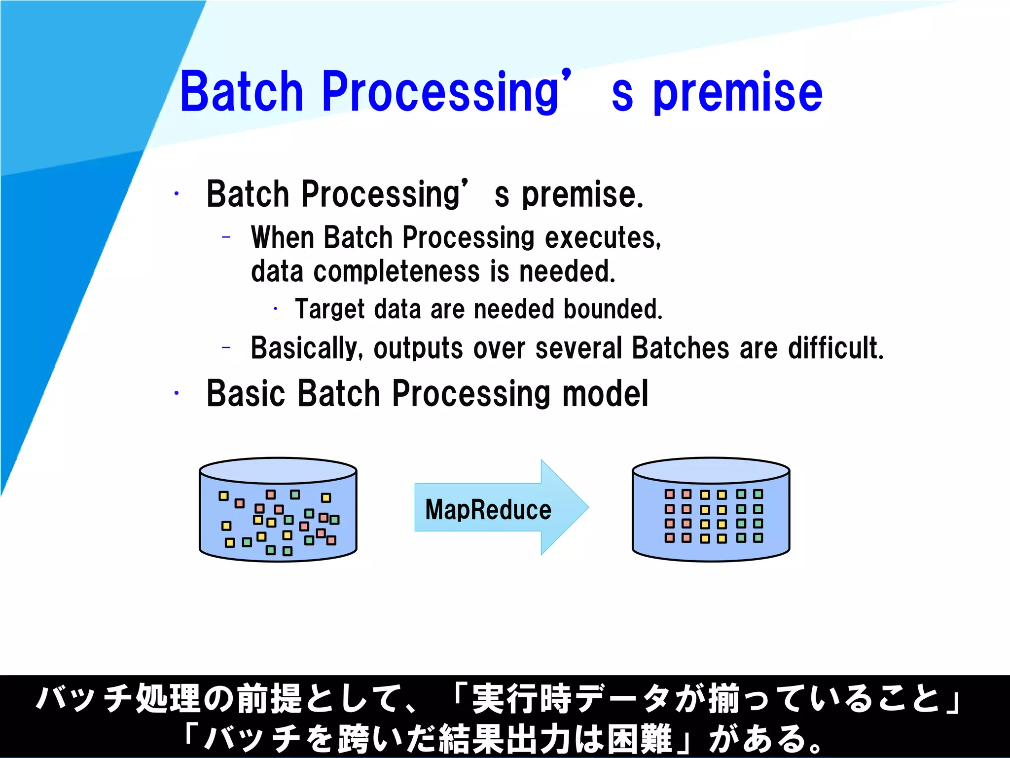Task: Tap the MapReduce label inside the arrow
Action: [x=488, y=509]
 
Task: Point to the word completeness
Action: [x=397, y=272]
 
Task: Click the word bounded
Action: [x=613, y=309]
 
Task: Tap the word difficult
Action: [x=835, y=348]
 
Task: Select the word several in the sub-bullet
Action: [x=578, y=348]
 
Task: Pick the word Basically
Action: [x=307, y=348]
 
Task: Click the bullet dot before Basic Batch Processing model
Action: [x=176, y=393]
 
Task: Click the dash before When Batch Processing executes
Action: [x=226, y=237]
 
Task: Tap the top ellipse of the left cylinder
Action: [x=278, y=470]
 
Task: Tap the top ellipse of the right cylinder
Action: [x=711, y=470]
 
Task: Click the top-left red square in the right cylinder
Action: [x=669, y=494]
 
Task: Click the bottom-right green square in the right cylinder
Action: [x=758, y=537]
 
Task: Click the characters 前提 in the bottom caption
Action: [x=269, y=698]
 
